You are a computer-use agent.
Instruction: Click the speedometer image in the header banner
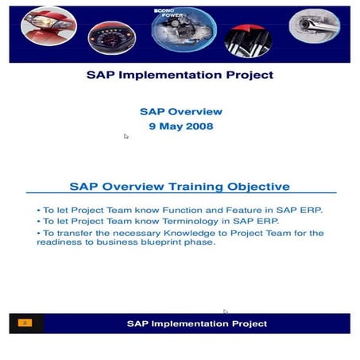(110, 36)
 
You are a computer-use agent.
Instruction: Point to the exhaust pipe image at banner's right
(314, 27)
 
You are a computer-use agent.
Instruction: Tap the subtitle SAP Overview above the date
(180, 112)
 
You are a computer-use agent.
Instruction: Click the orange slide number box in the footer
(25, 323)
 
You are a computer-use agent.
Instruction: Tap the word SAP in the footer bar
(138, 323)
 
